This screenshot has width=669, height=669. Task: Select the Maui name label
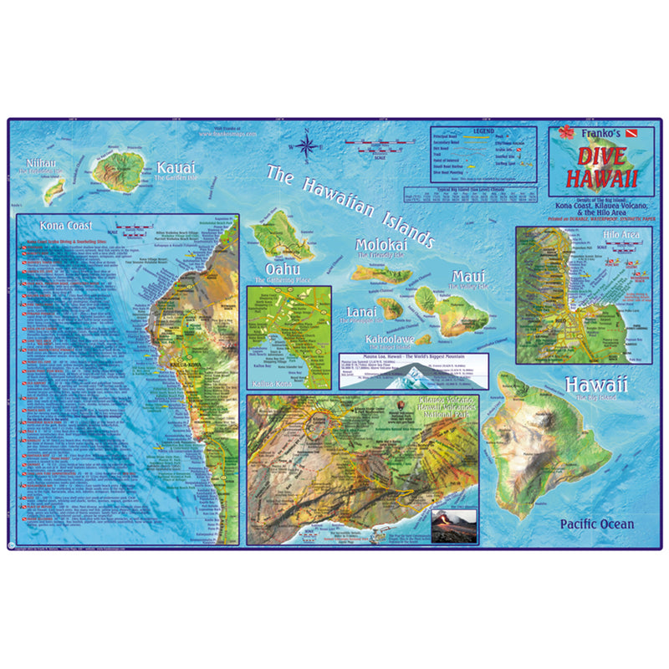click(469, 276)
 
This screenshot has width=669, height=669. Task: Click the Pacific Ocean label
click(597, 524)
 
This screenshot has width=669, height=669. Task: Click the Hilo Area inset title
click(620, 235)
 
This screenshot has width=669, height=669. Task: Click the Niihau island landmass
click(55, 188)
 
